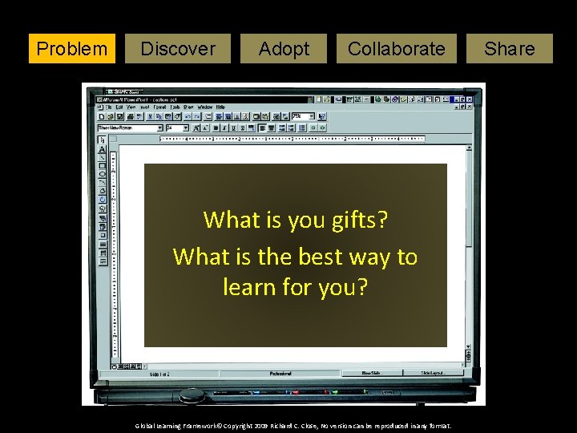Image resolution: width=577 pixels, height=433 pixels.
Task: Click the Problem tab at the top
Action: click(72, 49)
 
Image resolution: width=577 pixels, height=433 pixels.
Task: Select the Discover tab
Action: click(177, 49)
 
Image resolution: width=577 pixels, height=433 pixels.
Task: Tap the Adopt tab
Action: click(284, 49)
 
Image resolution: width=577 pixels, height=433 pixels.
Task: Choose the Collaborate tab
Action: click(396, 49)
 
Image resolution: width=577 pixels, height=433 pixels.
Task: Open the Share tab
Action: click(510, 49)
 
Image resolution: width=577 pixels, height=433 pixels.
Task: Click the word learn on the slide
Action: click(248, 286)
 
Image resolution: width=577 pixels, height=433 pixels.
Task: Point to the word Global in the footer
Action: click(147, 426)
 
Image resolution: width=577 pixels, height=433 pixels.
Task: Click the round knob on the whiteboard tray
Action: click(192, 395)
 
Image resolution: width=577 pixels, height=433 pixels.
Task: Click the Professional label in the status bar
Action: click(280, 373)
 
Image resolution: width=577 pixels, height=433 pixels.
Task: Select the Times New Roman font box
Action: click(128, 127)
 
